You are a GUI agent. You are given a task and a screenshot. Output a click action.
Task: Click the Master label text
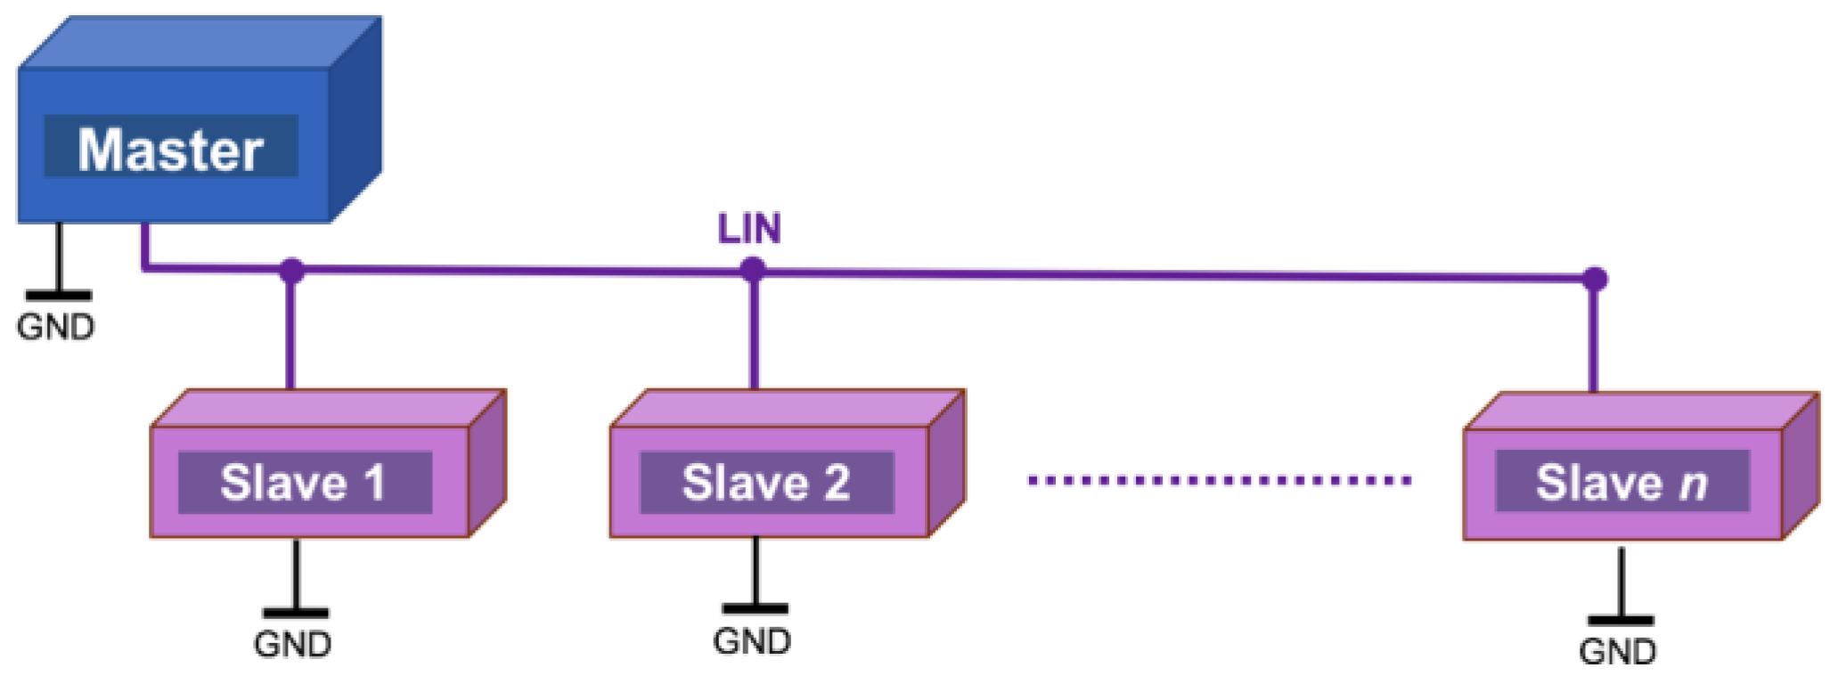170,149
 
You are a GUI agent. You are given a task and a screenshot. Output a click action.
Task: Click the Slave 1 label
303,483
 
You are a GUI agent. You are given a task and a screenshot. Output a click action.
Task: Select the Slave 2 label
765,483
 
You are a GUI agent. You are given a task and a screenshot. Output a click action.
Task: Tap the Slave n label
1621,483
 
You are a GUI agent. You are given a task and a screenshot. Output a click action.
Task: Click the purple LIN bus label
749,229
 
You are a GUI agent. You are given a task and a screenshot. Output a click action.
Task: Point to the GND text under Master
55,327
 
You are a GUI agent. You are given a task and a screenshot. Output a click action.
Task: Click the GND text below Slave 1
292,644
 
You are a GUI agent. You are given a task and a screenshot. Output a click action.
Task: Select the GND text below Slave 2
751,641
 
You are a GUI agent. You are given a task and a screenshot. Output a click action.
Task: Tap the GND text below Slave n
1617,652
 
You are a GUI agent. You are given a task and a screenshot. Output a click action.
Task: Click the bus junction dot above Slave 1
291,270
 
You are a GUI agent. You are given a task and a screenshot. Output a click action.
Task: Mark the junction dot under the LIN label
753,269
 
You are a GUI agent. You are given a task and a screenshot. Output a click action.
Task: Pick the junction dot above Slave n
1595,279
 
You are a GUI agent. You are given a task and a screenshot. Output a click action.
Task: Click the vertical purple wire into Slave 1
290,334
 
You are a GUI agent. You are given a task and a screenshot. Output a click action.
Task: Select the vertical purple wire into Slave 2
754,334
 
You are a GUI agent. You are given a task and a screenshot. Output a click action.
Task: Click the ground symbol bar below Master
58,296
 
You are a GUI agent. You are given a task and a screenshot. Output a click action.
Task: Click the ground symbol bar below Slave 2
755,609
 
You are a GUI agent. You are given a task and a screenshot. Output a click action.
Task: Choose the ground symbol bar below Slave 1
295,613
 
